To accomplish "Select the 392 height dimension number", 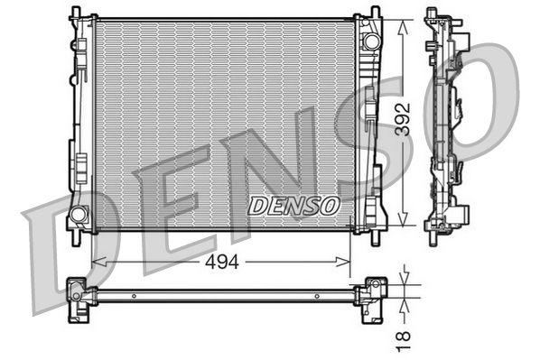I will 406,117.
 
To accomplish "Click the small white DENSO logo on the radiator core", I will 294,206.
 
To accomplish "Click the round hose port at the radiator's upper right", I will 369,42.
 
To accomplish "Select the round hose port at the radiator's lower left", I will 78,215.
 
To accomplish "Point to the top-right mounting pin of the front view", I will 373,12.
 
